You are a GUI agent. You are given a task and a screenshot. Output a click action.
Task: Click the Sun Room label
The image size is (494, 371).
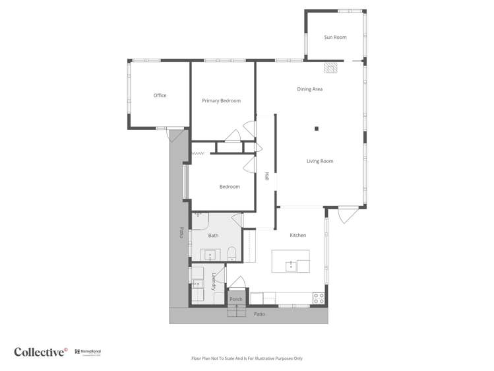click(x=335, y=38)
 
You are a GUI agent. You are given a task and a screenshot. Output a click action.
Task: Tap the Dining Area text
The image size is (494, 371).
click(x=309, y=89)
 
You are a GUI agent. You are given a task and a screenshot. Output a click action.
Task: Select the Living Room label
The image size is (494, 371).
click(x=320, y=161)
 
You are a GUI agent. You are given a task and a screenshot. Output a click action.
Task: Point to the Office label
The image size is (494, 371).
click(x=160, y=96)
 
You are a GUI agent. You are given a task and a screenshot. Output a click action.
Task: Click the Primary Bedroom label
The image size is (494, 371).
click(x=221, y=101)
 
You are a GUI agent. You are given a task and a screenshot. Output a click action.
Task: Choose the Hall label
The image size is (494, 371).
click(x=266, y=177)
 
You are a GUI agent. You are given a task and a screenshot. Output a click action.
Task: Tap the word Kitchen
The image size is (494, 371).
click(x=298, y=235)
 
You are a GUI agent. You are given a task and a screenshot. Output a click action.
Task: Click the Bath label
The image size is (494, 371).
click(x=213, y=236)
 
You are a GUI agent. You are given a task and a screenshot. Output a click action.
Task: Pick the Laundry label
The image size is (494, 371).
click(x=214, y=282)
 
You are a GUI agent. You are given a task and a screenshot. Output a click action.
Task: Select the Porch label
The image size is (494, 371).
click(x=236, y=300)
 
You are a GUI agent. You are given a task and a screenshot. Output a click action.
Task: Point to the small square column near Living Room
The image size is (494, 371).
click(x=317, y=128)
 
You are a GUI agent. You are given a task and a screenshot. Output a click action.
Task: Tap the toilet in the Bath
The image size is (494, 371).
click(x=231, y=254)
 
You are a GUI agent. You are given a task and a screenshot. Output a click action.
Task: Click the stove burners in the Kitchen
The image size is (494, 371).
click(x=319, y=298)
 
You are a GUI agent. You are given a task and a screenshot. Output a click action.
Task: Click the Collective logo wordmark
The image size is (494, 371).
click(x=40, y=352)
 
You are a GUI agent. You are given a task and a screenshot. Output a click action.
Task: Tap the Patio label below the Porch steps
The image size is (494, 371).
click(x=260, y=314)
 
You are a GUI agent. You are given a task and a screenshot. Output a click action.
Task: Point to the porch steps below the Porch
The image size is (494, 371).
click(x=236, y=312)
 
